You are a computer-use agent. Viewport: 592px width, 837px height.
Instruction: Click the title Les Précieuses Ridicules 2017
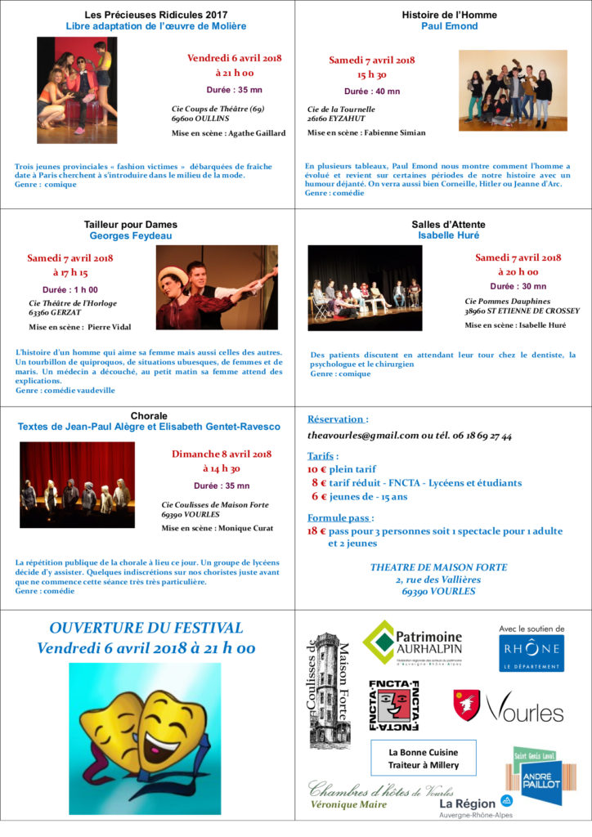pyautogui.click(x=156, y=15)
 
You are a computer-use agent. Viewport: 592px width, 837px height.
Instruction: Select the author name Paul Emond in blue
pyautogui.click(x=449, y=26)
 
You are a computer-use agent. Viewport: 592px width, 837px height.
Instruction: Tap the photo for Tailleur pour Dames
pyautogui.click(x=217, y=287)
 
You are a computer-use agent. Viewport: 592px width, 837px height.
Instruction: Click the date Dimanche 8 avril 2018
pyautogui.click(x=222, y=454)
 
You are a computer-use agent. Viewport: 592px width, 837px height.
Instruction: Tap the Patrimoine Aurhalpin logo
pyautogui.click(x=412, y=642)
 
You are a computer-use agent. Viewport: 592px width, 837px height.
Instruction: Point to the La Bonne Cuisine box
pyautogui.click(x=423, y=758)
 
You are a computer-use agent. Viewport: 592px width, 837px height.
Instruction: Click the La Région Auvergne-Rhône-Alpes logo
pyautogui.click(x=475, y=805)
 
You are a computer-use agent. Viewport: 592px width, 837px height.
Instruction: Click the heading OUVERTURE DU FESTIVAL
pyautogui.click(x=146, y=628)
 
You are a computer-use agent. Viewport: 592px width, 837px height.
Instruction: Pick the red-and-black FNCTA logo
pyautogui.click(x=393, y=704)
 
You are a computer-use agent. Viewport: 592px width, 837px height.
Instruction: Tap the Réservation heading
pyautogui.click(x=338, y=418)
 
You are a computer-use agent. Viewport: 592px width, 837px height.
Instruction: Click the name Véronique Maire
pyautogui.click(x=348, y=804)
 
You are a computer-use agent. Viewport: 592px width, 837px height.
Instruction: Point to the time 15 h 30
pyautogui.click(x=371, y=74)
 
